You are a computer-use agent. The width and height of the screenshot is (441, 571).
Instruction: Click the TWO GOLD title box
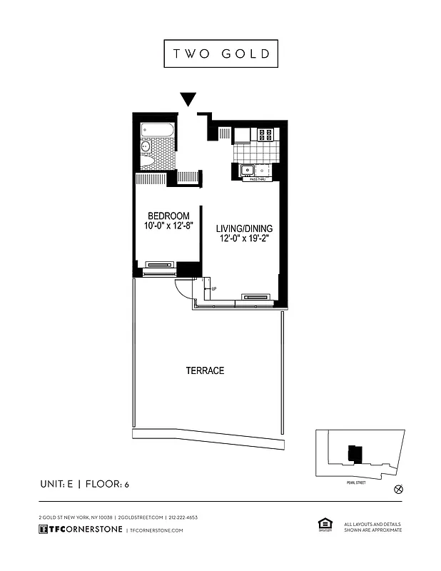(220, 54)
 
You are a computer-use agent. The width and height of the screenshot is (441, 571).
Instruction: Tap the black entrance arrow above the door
(188, 99)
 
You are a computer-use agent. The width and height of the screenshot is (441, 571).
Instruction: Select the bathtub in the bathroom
(155, 131)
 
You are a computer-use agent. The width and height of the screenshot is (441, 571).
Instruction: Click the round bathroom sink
(146, 147)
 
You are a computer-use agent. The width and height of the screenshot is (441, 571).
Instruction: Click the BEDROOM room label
(168, 216)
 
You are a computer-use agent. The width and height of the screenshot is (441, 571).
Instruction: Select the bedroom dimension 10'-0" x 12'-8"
(168, 227)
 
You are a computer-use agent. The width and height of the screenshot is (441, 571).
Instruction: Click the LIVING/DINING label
(244, 229)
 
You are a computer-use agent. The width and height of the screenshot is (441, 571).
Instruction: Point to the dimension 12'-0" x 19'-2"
(244, 240)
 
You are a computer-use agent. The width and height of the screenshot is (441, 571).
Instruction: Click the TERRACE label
(205, 370)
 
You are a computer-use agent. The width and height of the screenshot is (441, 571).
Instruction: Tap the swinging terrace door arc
(183, 288)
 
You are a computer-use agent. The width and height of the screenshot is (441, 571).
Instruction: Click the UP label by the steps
(214, 288)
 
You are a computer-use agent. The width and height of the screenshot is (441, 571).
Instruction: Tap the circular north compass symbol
(398, 490)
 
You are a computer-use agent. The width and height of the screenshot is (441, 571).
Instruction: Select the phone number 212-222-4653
(183, 517)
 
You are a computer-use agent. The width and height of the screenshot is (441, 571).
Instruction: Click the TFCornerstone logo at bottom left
(80, 530)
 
